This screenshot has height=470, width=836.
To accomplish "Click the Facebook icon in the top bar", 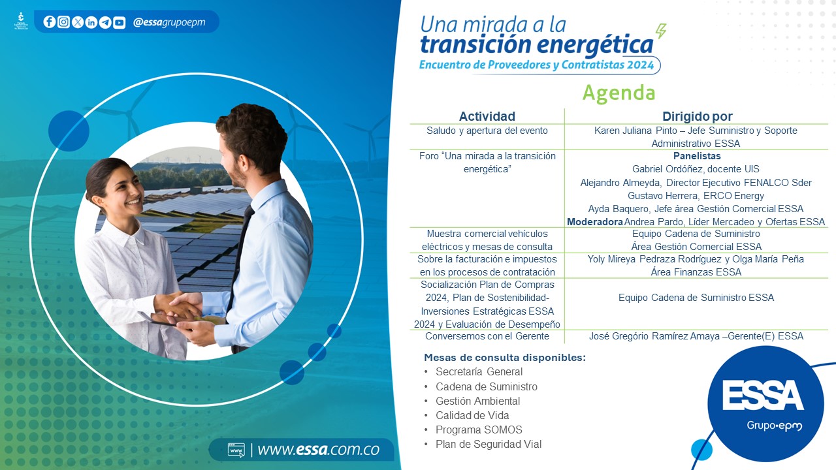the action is click(x=49, y=22).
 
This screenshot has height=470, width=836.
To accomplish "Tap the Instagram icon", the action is click(x=63, y=22).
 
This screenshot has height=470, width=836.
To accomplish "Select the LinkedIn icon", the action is click(x=91, y=22).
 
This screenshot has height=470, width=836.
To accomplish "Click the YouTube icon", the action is click(x=119, y=22).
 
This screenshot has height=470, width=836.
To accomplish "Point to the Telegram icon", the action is click(x=105, y=22).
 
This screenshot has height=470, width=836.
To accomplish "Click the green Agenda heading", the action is click(x=619, y=93).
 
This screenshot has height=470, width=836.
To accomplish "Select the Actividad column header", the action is click(x=487, y=116).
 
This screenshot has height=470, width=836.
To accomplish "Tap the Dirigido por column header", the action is click(x=697, y=116).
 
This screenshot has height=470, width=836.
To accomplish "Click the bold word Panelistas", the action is click(x=697, y=156).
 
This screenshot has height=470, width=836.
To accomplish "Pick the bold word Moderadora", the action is click(x=595, y=222).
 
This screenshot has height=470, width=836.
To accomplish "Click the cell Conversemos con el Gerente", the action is click(x=487, y=336).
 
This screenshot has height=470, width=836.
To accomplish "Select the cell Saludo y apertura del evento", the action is click(x=487, y=131).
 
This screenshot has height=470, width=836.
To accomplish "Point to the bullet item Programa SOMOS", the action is click(x=479, y=430).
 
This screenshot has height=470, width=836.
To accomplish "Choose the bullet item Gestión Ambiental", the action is click(x=477, y=401).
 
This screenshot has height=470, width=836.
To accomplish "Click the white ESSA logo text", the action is click(x=763, y=395).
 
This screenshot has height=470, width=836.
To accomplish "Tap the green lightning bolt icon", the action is click(x=661, y=31).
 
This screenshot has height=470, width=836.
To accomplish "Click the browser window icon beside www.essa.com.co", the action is click(x=236, y=450).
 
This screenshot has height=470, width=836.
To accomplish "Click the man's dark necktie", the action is click(x=240, y=257).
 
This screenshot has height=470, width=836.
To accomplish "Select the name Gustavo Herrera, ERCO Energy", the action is click(x=696, y=196).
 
